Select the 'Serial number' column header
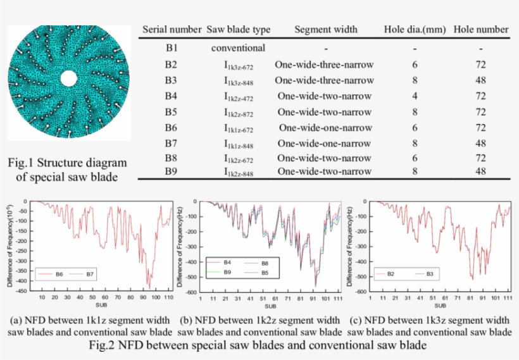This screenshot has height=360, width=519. (172, 29)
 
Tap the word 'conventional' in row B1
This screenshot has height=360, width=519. (238, 48)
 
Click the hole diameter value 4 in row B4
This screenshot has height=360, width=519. (415, 96)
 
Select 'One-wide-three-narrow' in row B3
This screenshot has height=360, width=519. (324, 80)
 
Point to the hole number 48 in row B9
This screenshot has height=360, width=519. (481, 171)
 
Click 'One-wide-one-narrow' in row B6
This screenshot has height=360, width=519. (324, 127)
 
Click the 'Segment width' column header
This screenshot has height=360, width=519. (326, 29)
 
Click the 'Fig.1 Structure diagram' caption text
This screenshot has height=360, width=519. (68, 163)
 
